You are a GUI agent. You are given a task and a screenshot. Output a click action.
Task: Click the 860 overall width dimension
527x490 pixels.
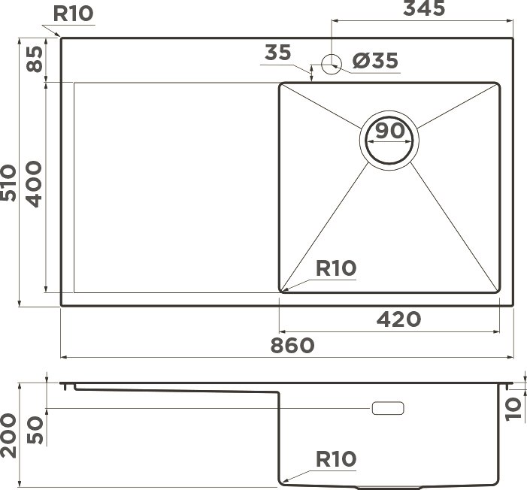click(292, 346)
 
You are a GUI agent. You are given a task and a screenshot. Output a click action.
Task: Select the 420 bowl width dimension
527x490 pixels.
click(398, 319)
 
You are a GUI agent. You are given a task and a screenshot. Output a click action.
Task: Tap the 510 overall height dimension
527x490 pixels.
click(8, 183)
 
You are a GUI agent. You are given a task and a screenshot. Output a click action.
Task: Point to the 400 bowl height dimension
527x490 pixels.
click(35, 184)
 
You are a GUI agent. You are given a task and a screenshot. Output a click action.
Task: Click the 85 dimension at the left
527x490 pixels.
click(35, 59)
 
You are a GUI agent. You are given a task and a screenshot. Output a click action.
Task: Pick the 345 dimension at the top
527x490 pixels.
click(424, 8)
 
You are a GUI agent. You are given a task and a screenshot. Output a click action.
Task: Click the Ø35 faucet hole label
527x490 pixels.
click(375, 60)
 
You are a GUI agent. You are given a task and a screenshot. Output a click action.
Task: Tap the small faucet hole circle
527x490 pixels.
click(332, 64)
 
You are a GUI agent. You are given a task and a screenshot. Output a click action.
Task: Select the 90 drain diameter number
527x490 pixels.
click(390, 131)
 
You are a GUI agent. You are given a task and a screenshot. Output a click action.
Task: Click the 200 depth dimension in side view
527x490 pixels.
click(8, 436)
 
